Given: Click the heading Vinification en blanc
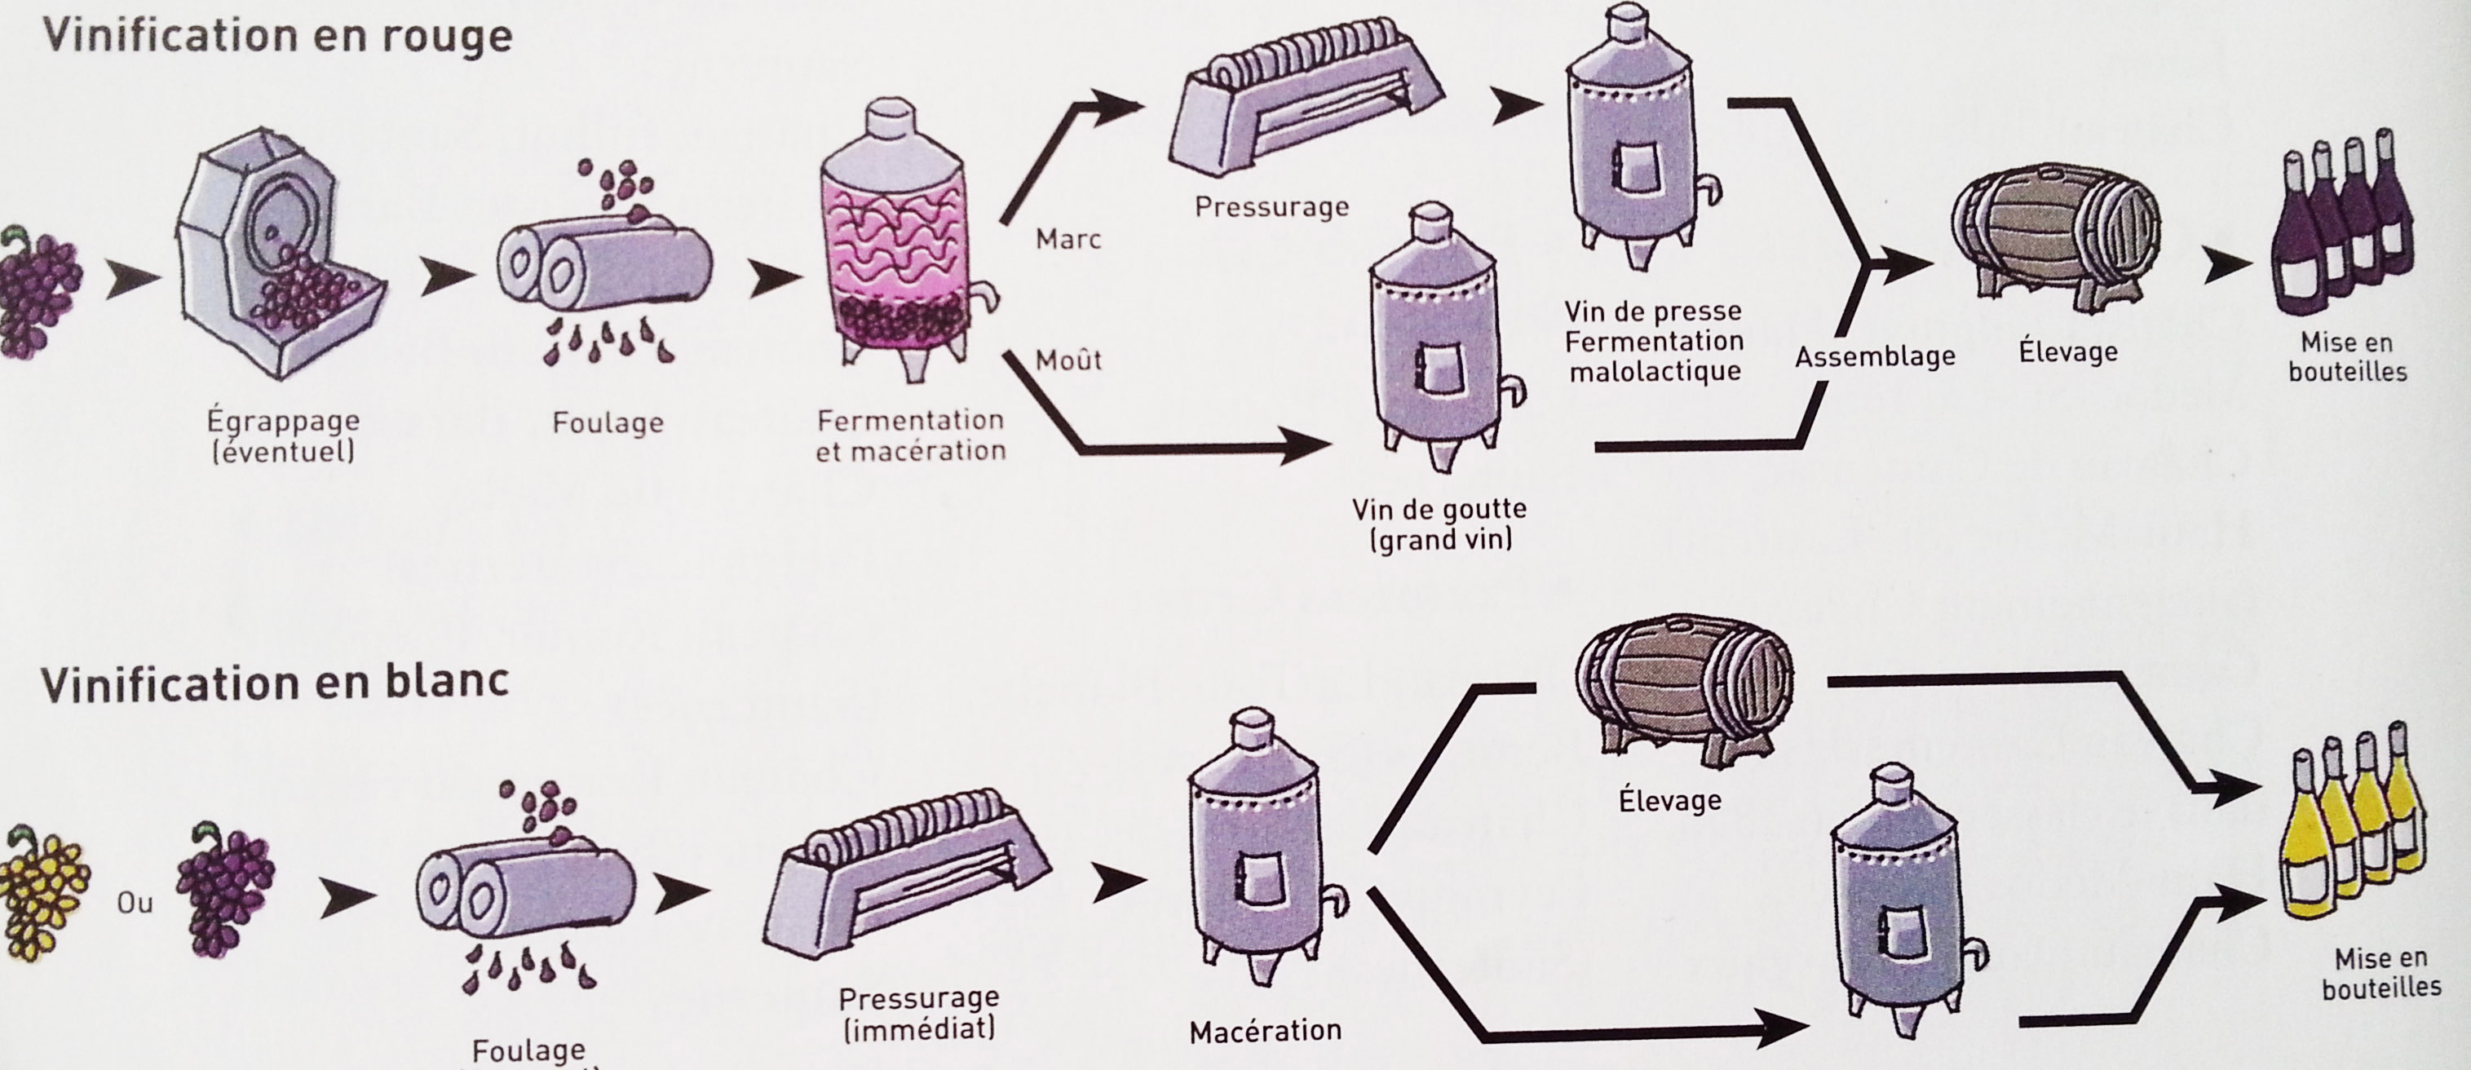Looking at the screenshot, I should (274, 684).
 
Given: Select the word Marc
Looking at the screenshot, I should (1068, 239).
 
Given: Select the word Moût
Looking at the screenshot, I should (1068, 360).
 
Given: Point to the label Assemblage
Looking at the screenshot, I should (1874, 357).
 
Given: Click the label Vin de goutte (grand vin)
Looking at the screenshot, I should (1439, 524).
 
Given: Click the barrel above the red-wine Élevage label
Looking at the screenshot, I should (2055, 235).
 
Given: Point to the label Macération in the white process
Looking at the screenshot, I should (1264, 1032).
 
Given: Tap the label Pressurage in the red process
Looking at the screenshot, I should (1271, 207).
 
